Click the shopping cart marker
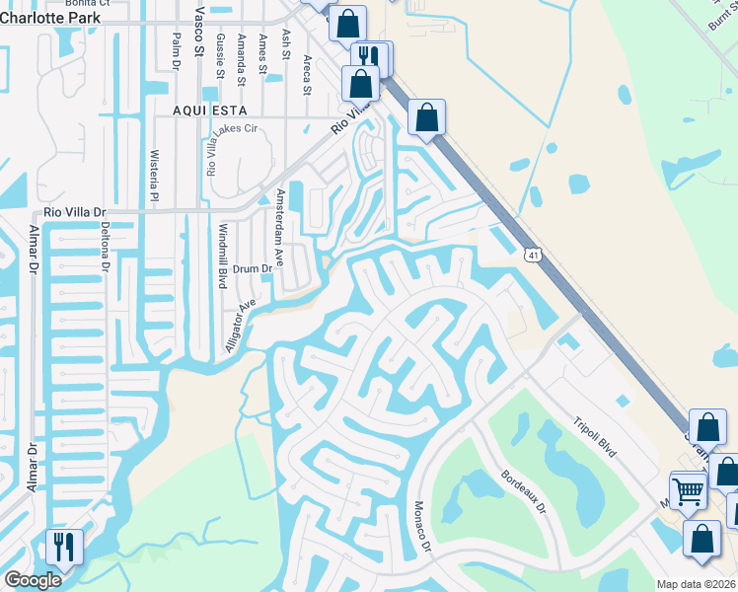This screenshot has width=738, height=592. pos(688,489)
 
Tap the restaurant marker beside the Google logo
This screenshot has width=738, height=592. pos(64,545)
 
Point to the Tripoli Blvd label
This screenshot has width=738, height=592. pos(594,436)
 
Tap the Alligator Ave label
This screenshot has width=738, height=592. pos(239,327)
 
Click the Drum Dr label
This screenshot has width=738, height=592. pos(253,268)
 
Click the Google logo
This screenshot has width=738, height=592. pos(32,580)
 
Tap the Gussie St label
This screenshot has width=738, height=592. pos(218,52)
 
